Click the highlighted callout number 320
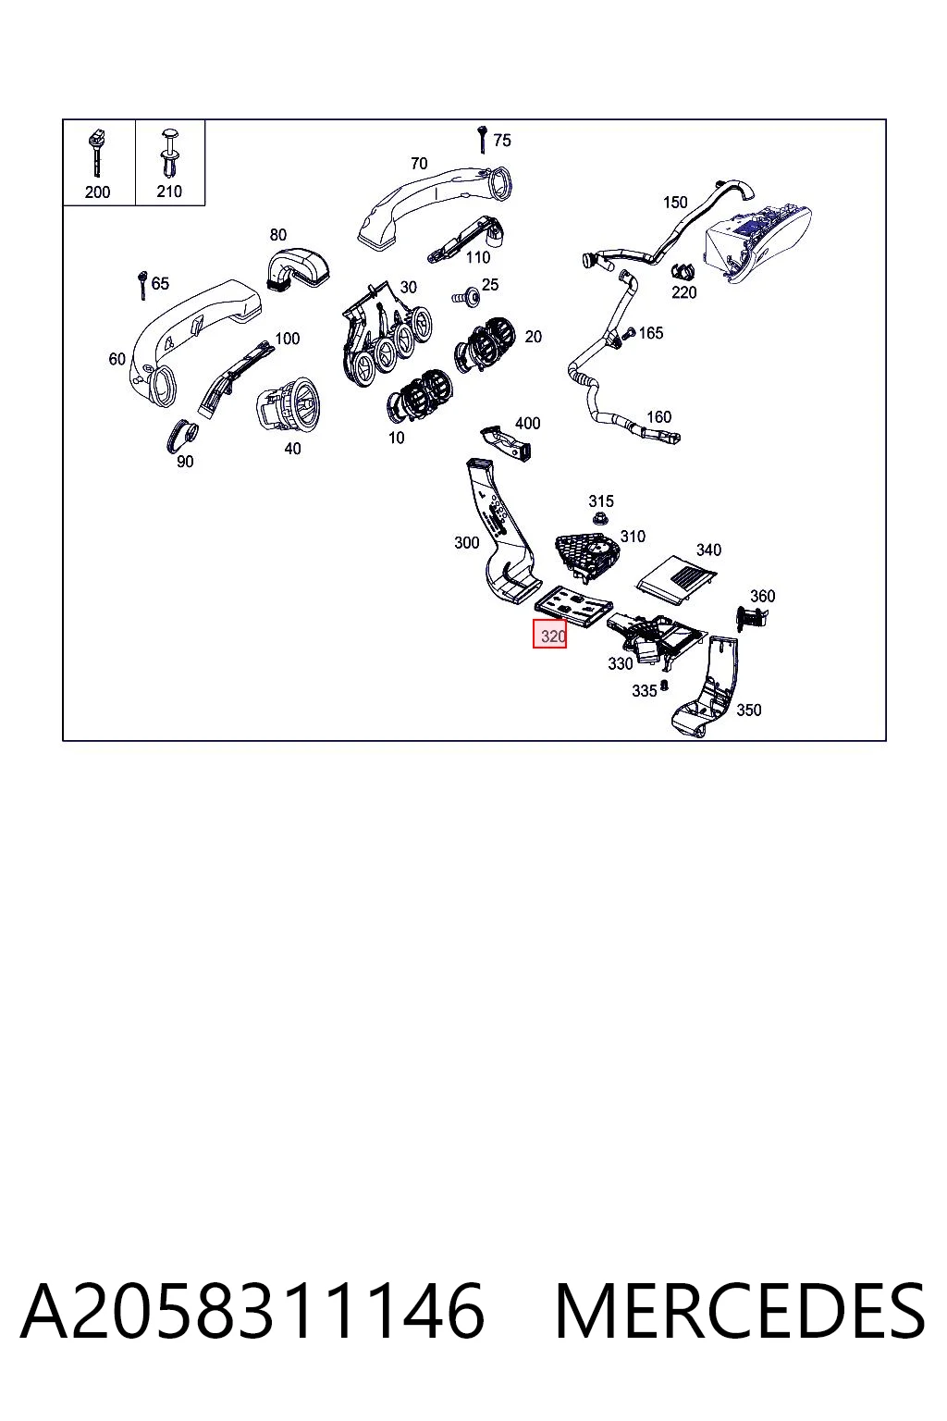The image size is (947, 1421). [x=552, y=636]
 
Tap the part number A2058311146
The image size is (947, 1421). [x=253, y=1311]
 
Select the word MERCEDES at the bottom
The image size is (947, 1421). [x=740, y=1311]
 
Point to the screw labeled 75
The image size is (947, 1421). [x=482, y=140]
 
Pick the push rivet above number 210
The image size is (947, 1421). [x=169, y=154]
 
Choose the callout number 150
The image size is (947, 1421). [x=675, y=203]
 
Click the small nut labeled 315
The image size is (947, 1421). [x=598, y=520]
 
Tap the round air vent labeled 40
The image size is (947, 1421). [x=288, y=402]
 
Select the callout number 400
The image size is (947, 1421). [x=528, y=423]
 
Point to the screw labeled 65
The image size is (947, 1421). [x=142, y=285]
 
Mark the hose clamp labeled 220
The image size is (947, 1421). [x=683, y=271]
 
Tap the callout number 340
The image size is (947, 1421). [x=708, y=550]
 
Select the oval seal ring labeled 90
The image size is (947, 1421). [x=182, y=435]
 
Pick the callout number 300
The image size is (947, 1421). [x=466, y=543]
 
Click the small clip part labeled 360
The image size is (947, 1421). [x=751, y=618]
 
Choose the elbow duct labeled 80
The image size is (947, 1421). [x=297, y=268]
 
